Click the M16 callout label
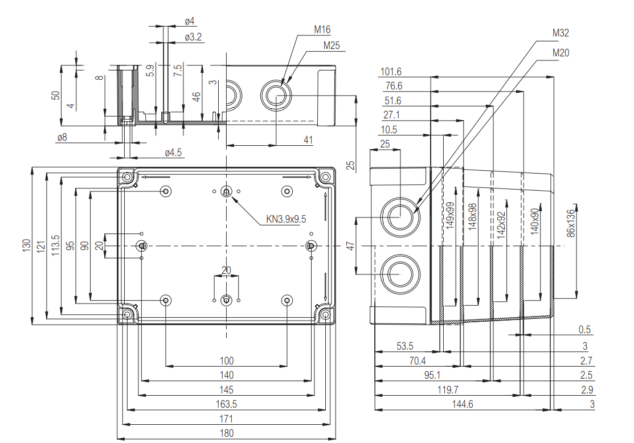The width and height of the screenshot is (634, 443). (322, 30)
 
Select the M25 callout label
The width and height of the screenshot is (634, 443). (332, 46)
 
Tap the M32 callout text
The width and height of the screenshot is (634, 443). (561, 33)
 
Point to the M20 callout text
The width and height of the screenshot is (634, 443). (561, 53)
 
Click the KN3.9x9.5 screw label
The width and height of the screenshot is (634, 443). (286, 219)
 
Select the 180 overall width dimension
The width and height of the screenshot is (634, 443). (226, 433)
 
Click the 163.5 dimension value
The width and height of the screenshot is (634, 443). (226, 404)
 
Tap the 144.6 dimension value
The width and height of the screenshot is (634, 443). (462, 404)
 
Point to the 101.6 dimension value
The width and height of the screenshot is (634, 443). (390, 72)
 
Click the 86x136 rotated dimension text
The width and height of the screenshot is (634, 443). (571, 221)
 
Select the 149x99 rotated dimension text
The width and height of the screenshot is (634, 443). (451, 215)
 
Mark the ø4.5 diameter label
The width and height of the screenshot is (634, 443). (173, 153)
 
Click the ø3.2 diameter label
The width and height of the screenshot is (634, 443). (193, 38)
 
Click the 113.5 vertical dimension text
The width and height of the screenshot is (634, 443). (55, 245)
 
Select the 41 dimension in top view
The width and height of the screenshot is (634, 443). (308, 140)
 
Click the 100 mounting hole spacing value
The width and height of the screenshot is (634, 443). (226, 360)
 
